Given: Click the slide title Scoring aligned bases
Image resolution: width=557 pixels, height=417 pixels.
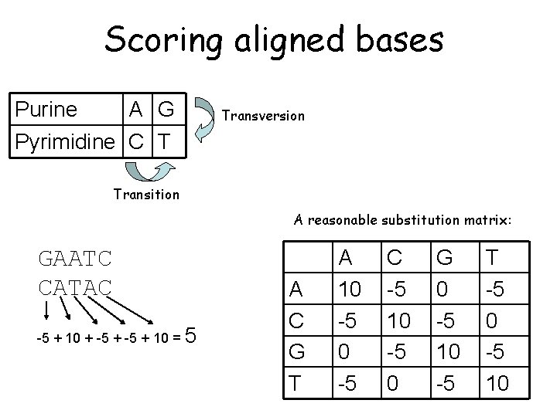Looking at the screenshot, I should (x=274, y=39).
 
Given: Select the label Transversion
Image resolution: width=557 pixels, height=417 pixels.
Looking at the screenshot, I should (x=263, y=116).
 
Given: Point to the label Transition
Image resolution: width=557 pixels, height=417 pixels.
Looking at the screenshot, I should (x=146, y=195).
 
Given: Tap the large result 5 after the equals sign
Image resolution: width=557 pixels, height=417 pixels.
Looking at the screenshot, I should (x=192, y=336).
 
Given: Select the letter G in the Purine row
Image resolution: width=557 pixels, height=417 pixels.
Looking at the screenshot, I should (x=165, y=110).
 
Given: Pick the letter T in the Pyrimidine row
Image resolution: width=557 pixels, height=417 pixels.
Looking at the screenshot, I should (x=164, y=142).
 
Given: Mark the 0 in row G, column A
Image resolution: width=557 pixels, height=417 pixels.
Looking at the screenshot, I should (x=345, y=351).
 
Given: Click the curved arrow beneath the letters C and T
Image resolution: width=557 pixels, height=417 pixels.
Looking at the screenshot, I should (x=148, y=171).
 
